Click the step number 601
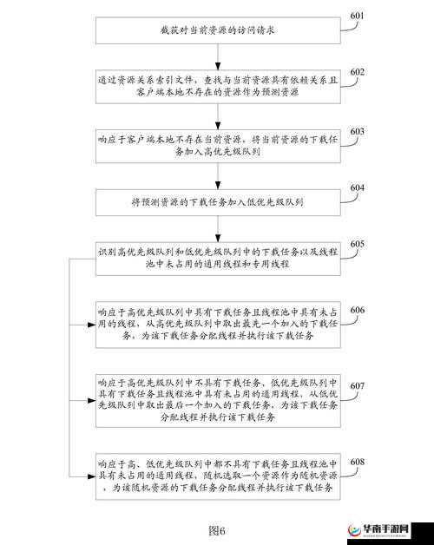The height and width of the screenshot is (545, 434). coord(357,16)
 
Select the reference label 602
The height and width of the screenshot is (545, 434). coord(357,71)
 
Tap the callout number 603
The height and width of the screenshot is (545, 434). coord(357,131)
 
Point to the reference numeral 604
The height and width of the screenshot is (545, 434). coord(357,188)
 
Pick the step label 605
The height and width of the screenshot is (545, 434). coord(357,245)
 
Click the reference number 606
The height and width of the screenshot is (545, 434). coord(357,311)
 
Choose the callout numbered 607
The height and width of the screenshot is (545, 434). coord(357,385)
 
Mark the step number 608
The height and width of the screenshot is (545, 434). coord(357,462)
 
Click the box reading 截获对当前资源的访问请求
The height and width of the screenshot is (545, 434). coord(215,30)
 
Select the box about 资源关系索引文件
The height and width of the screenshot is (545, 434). coord(215,85)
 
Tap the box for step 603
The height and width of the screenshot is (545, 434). coord(215,144)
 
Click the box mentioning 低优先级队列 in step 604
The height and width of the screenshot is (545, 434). coord(215,201)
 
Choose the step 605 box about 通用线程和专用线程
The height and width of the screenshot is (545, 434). coord(215,258)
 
